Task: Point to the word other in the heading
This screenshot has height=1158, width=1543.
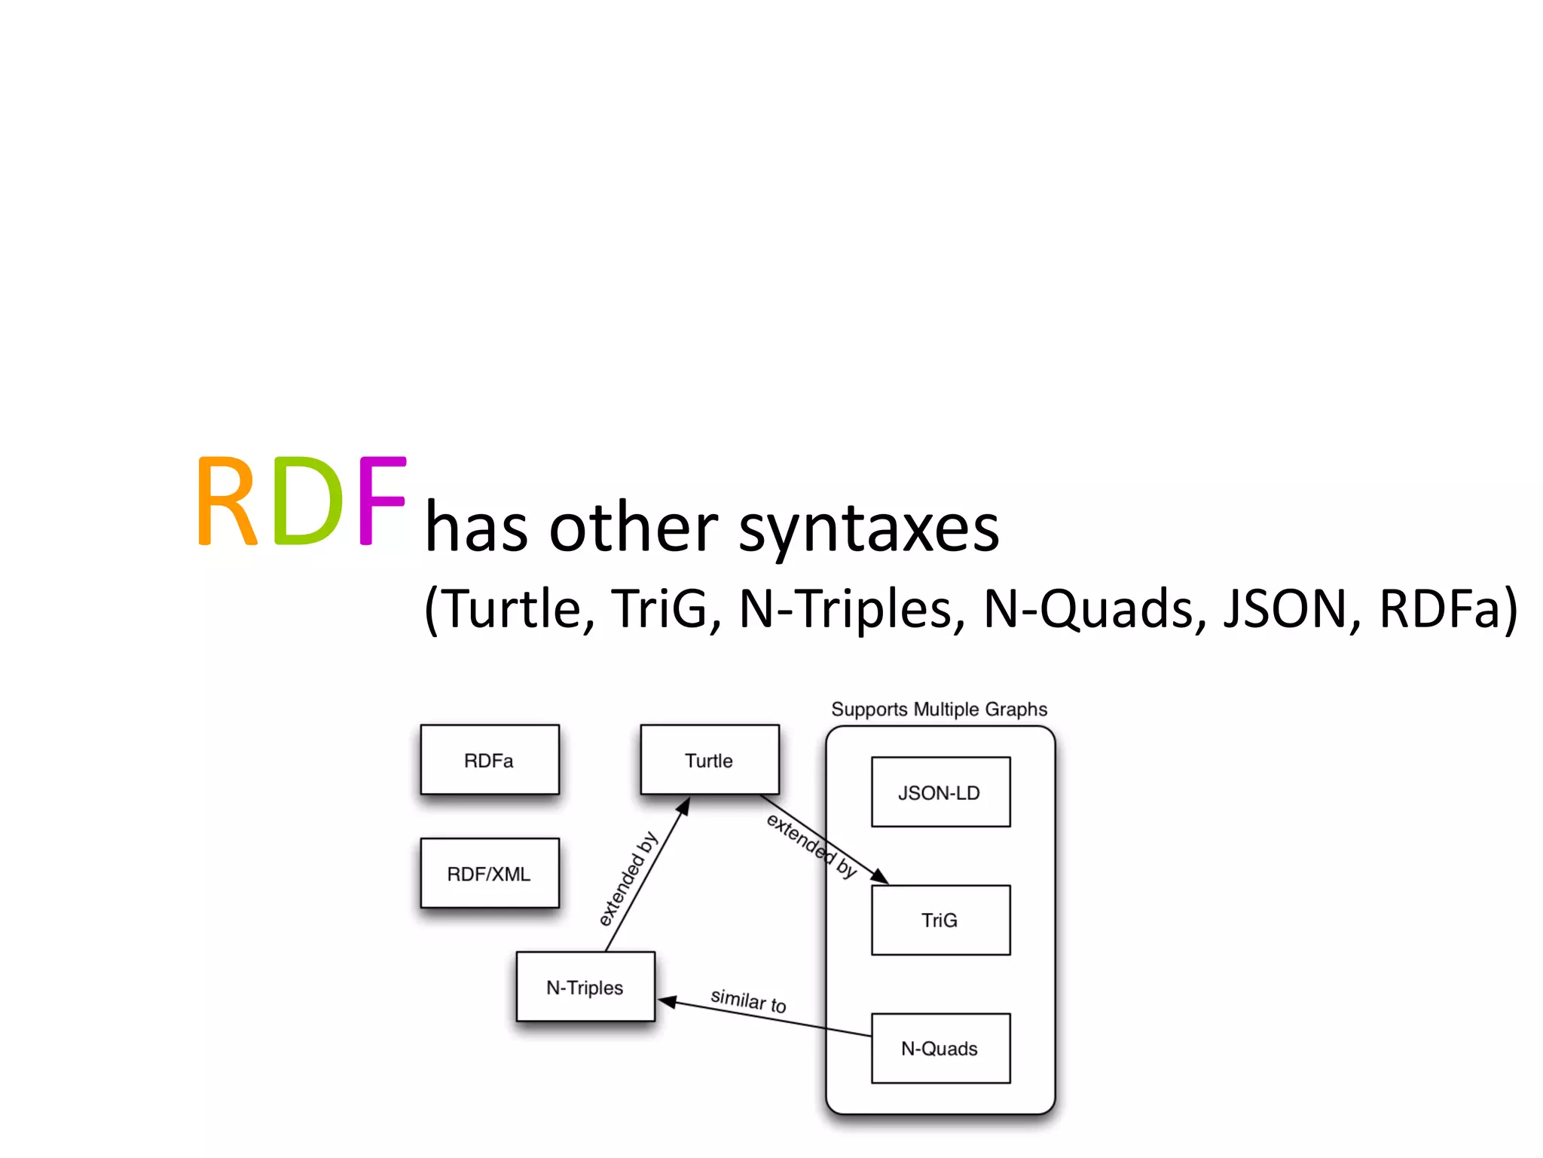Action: [x=633, y=528]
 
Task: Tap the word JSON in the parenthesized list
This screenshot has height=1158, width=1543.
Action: [x=1285, y=609]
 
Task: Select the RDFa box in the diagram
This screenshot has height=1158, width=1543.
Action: [x=490, y=760]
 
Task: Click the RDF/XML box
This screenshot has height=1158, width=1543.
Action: [x=490, y=874]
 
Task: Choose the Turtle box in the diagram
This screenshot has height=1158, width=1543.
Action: [x=709, y=760]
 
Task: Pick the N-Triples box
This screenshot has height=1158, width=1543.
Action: [x=585, y=988]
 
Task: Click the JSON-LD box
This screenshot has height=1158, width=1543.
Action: [x=940, y=792]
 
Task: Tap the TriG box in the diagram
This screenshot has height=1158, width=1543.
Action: [x=940, y=921]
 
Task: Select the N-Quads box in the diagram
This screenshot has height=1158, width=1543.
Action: [x=940, y=1049]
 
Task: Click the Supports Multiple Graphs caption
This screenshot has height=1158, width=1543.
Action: [x=939, y=709]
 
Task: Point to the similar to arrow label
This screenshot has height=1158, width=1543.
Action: [x=748, y=1001]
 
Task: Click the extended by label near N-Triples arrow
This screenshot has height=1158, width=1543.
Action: [x=628, y=879]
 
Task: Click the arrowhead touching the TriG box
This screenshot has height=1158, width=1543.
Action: [x=880, y=877]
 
